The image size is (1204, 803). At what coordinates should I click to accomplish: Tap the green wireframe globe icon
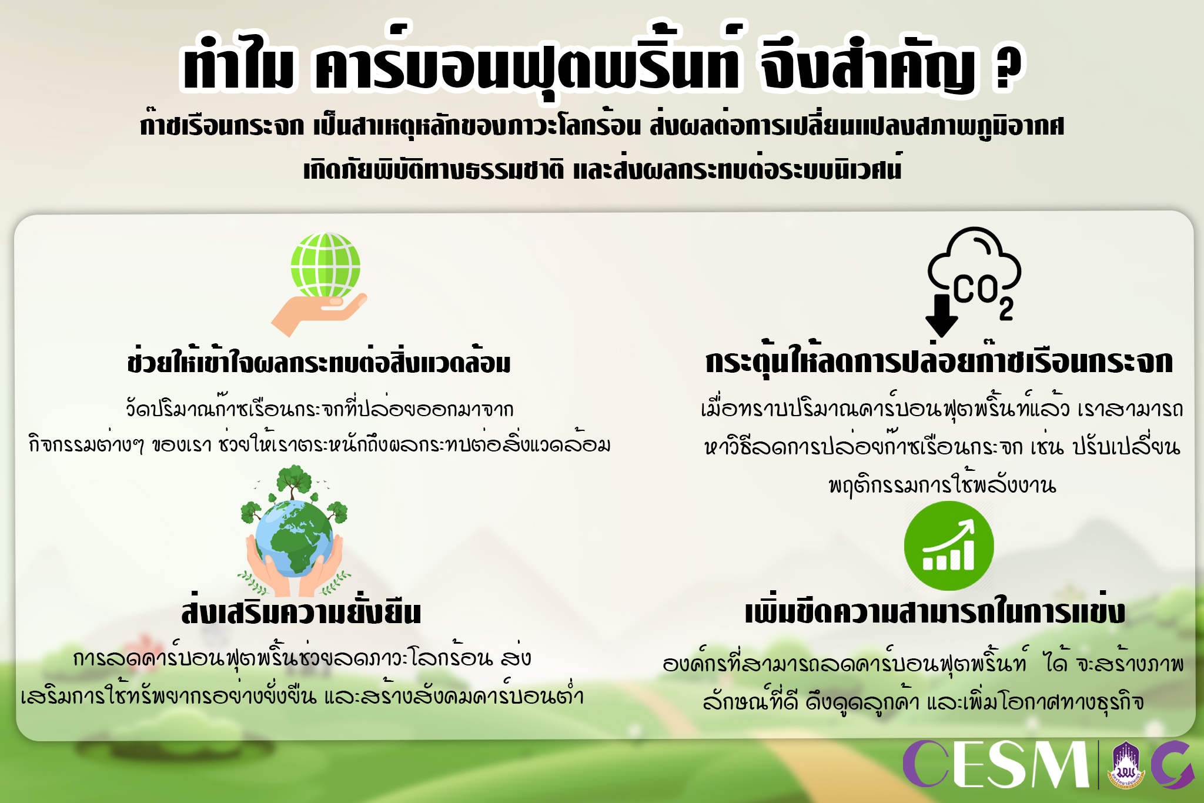(325, 266)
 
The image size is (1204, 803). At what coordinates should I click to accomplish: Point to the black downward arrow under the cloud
(941, 315)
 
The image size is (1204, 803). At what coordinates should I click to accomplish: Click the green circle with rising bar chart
(949, 546)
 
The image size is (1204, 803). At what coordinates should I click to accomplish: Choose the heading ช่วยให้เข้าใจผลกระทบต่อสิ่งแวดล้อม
(319, 361)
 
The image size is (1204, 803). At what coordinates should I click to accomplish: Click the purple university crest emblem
(1125, 765)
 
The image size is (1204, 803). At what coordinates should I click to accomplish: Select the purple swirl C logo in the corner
(1173, 765)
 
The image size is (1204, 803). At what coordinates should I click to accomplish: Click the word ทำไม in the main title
(238, 66)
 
